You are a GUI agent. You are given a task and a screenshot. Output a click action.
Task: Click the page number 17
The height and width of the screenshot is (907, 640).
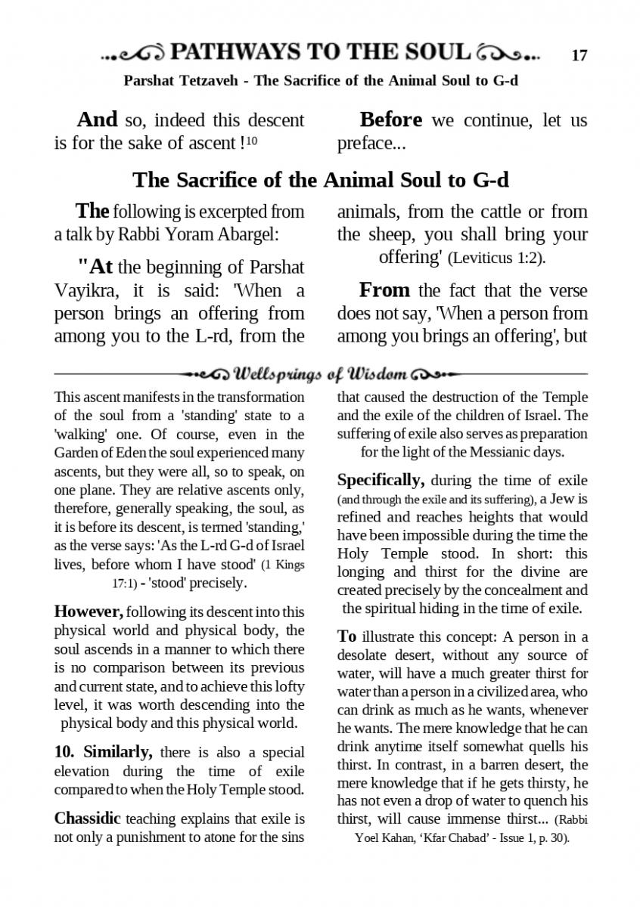coord(579,55)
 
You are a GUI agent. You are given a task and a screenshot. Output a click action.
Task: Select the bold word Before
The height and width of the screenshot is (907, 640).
coord(391,120)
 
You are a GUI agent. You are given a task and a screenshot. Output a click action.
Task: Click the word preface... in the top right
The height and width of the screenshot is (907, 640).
coord(366,143)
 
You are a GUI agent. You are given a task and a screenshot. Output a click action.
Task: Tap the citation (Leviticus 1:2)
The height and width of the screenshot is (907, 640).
coord(496,258)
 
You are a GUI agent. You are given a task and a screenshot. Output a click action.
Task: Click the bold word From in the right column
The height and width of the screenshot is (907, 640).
coord(385,290)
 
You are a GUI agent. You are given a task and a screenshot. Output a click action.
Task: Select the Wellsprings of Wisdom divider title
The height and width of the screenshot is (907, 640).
coord(322,374)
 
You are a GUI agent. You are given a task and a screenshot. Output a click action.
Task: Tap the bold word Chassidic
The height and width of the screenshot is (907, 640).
coord(87,819)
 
